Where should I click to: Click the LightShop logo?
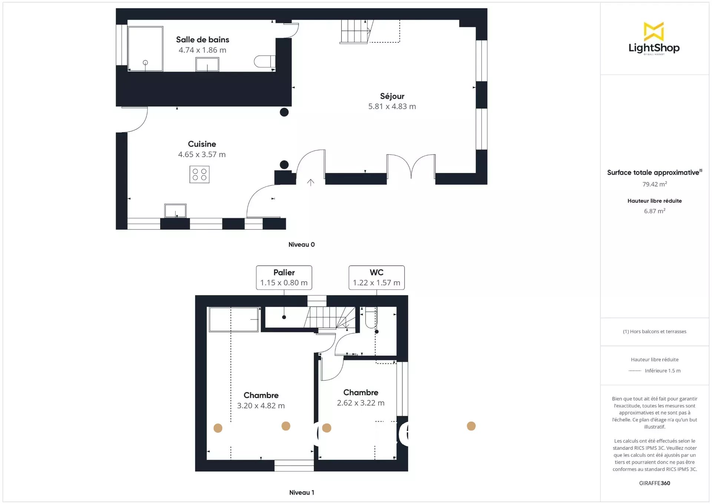654,39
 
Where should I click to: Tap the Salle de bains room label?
202,40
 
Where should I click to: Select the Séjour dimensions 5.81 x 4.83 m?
392,107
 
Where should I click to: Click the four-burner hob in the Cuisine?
200,174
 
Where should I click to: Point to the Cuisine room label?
202,144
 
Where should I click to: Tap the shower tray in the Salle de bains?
145,49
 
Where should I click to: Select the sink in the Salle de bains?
207,65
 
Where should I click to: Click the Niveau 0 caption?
301,245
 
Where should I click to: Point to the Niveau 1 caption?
301,492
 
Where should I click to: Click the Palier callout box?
284,278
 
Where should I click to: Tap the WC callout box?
376,278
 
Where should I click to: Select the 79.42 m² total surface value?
655,184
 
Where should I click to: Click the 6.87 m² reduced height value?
655,211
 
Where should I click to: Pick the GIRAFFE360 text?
655,483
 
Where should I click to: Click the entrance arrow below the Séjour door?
311,182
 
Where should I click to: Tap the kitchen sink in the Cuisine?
175,211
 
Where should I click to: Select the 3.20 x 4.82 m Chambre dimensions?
261,406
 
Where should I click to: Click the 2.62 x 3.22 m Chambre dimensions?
360,403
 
